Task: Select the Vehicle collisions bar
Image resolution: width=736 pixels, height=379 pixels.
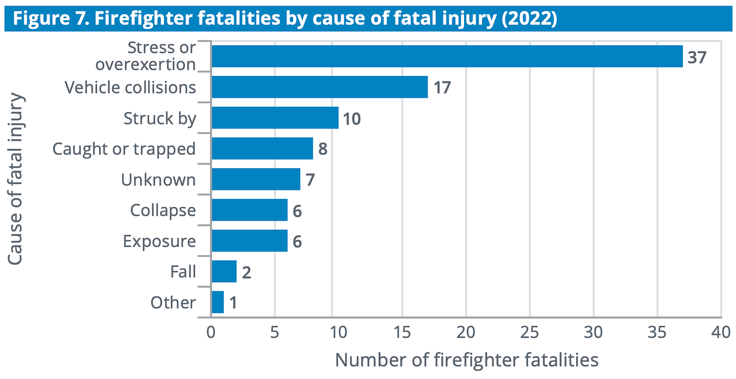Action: tap(319, 87)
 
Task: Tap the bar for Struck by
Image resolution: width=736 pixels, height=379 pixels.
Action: tap(275, 118)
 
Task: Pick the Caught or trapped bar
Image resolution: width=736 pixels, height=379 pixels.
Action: tap(262, 149)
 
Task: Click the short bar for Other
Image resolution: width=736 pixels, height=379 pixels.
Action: tap(218, 302)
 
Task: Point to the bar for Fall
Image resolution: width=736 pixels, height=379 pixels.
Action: tap(224, 272)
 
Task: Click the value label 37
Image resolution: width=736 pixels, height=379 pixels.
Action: tap(697, 57)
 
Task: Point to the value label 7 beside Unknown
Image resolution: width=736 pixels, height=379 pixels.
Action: tap(310, 180)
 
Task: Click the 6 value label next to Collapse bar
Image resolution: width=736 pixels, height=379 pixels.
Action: tap(297, 210)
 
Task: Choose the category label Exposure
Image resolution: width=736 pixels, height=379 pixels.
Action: tap(159, 241)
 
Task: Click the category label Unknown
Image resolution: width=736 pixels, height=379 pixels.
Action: tap(158, 180)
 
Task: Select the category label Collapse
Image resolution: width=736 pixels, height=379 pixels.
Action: tap(163, 210)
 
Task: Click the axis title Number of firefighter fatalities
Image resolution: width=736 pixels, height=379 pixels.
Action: tap(467, 360)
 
